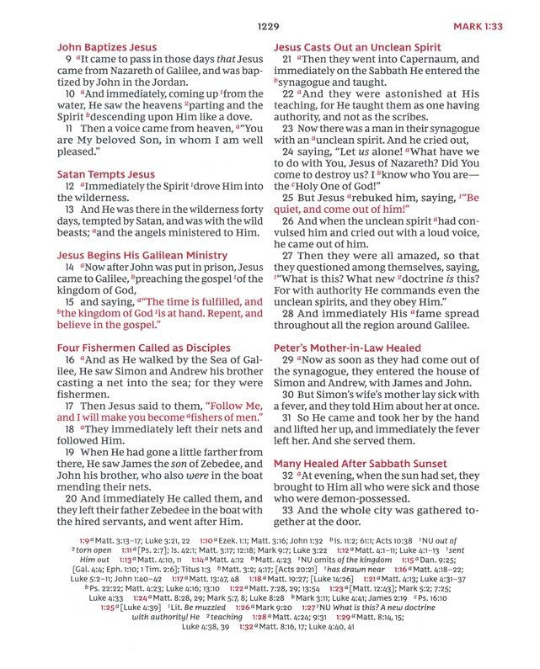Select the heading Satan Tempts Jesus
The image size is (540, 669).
point(105,174)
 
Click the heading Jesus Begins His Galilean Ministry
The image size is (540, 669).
point(141,254)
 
